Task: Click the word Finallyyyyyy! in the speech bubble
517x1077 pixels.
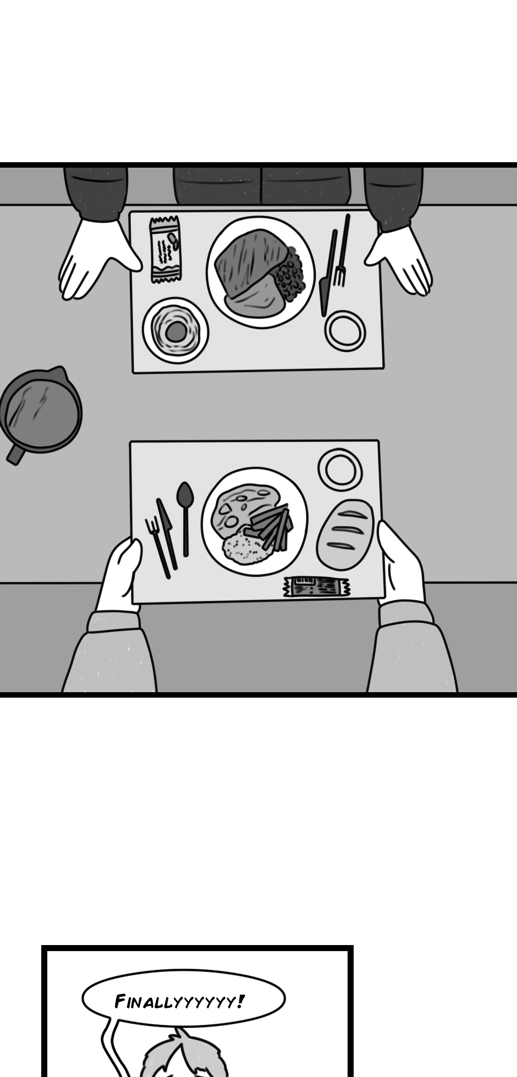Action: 179,1001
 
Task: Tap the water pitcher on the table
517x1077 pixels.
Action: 41,411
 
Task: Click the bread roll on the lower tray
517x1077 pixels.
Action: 345,534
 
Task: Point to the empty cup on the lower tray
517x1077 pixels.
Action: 340,470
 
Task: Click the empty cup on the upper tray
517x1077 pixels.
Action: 345,331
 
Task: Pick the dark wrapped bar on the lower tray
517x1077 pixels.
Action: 317,587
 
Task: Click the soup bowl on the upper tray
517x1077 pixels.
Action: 175,330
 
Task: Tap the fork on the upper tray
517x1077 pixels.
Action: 341,250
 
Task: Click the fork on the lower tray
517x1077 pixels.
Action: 157,547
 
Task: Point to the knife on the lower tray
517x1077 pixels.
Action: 167,533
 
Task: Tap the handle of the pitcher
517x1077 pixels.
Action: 13,454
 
